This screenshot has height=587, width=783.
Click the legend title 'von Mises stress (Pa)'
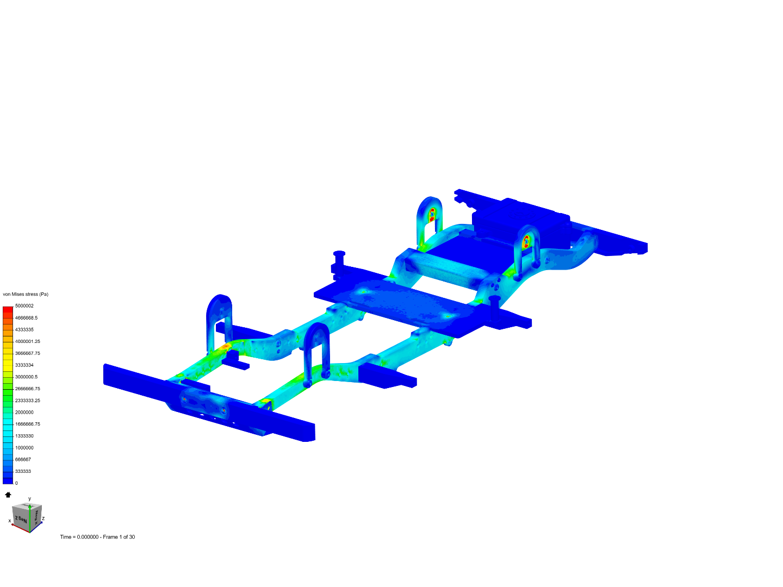[x=26, y=295]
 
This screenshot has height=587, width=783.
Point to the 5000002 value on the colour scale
[x=24, y=306]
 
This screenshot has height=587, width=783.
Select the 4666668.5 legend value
[x=26, y=318]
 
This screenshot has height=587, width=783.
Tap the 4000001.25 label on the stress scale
[x=27, y=341]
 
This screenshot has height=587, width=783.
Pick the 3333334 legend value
[x=24, y=365]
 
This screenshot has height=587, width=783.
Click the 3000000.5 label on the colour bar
[x=26, y=377]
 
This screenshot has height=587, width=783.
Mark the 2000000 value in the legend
[x=24, y=413]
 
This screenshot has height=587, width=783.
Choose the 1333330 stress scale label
[x=24, y=436]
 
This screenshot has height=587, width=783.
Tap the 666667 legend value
[x=23, y=460]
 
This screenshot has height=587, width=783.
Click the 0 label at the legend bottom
[x=16, y=483]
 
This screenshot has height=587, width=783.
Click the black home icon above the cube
[x=8, y=495]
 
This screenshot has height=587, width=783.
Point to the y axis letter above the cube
[x=29, y=499]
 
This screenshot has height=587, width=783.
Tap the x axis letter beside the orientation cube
[x=10, y=521]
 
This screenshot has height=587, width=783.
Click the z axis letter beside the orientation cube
[x=43, y=519]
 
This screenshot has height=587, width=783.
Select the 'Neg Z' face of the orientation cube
[x=21, y=519]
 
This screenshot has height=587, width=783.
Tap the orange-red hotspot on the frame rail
[x=225, y=346]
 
